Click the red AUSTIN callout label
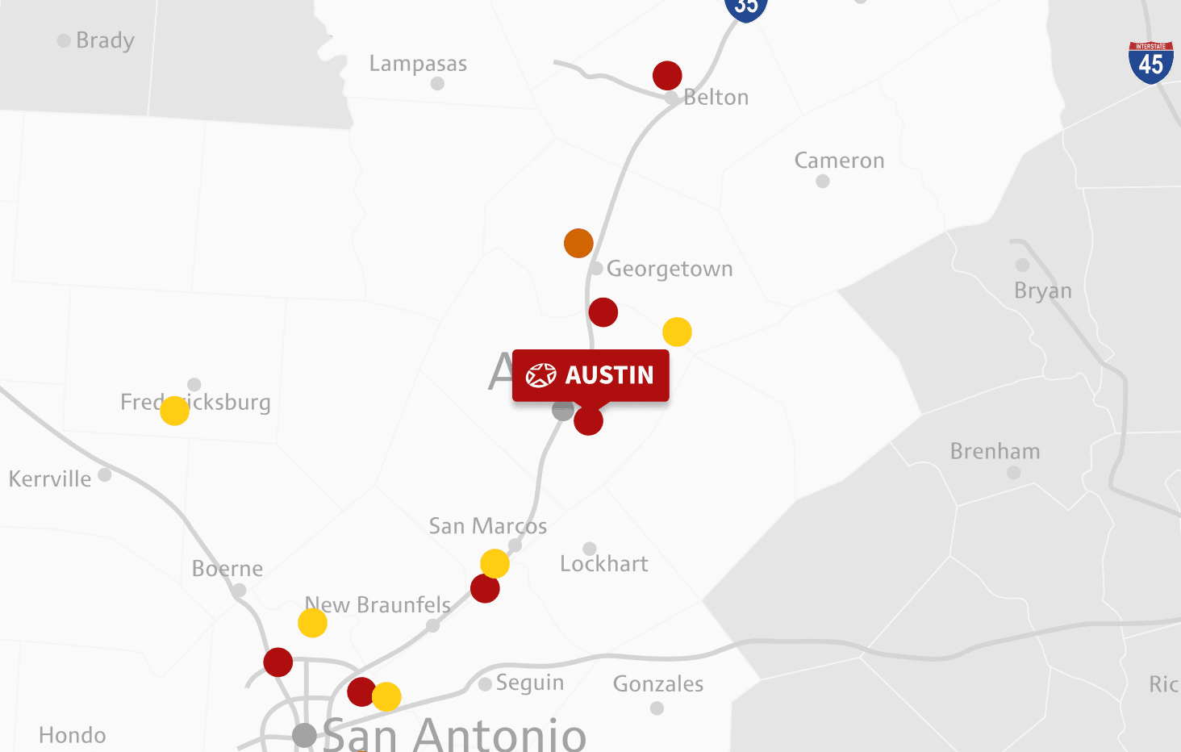[x=590, y=375]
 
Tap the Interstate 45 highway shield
[x=1150, y=62]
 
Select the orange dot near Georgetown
[x=578, y=243]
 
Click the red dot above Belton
[x=667, y=76]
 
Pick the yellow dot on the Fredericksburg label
[x=174, y=411]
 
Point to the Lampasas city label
[x=418, y=64]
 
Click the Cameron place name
[x=839, y=161]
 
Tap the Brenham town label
[x=995, y=451]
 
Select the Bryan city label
[x=1042, y=290]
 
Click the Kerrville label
[x=50, y=479]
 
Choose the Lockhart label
[x=604, y=564]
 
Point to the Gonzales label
[x=658, y=684]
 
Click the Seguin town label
[x=530, y=683]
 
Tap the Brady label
[x=105, y=40]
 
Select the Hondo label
[x=73, y=735]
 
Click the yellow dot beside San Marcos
[x=495, y=563]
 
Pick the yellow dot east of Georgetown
[x=677, y=332]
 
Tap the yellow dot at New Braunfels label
[x=312, y=623]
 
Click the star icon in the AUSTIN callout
[x=541, y=375]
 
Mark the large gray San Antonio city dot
[x=304, y=735]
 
